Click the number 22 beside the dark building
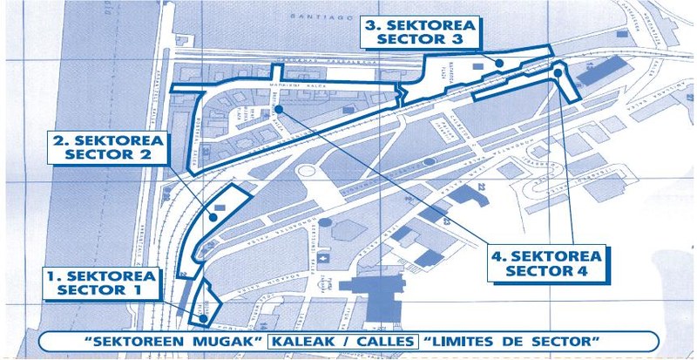[479, 186]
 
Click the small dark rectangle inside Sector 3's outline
[478, 65]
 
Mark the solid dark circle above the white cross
[322, 223]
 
